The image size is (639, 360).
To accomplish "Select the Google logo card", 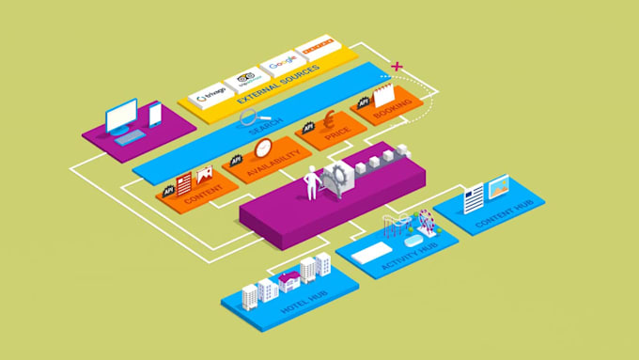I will [x=282, y=64].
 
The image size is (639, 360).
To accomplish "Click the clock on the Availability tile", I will [x=262, y=149].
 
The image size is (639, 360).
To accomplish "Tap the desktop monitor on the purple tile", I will [x=121, y=117].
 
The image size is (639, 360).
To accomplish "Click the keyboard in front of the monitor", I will [x=132, y=137].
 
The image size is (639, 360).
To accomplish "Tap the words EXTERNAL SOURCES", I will [x=280, y=84].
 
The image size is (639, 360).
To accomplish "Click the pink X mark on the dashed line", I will [x=397, y=67].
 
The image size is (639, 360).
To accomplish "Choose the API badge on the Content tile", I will [x=169, y=191].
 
